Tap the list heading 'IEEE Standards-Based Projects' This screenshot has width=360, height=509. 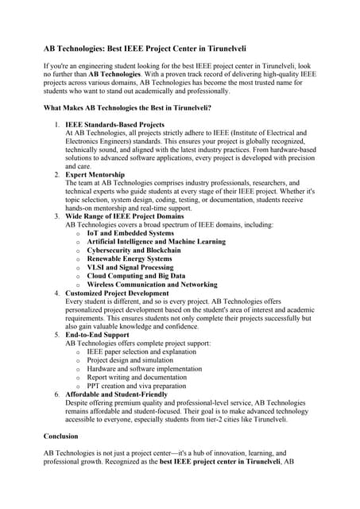coord(114,125)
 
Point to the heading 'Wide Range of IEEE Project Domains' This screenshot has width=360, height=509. coord(125,216)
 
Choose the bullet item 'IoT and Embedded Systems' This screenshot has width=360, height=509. coord(130,233)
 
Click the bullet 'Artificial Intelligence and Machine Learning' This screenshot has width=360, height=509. coord(156,241)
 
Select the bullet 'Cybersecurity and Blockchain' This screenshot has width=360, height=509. coord(134,250)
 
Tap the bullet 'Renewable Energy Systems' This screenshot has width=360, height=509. coord(129,258)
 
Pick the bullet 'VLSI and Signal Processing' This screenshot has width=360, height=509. coord(130,267)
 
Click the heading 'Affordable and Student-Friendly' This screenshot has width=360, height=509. coord(116,394)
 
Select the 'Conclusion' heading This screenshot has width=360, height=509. coord(60,437)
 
